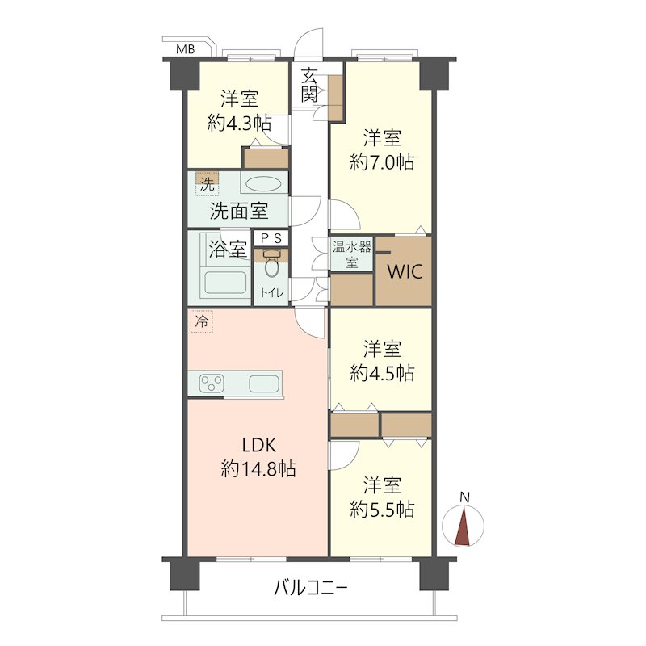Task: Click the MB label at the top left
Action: click(186, 49)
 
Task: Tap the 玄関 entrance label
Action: click(309, 86)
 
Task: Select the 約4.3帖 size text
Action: click(239, 123)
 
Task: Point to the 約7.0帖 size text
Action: click(382, 162)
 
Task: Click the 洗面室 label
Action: click(239, 212)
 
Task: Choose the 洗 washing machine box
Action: click(208, 184)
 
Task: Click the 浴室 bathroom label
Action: click(228, 249)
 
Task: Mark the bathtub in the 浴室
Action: click(226, 283)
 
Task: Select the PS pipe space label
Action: click(271, 238)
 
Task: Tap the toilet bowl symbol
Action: click(271, 265)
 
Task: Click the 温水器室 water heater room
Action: click(351, 254)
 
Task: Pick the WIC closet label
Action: click(405, 272)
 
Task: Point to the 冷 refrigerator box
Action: click(201, 321)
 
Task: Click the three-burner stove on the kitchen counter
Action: click(212, 384)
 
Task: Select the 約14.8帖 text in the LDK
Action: click(258, 469)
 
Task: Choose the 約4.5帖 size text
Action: click(382, 373)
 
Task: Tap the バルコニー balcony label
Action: click(311, 588)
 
